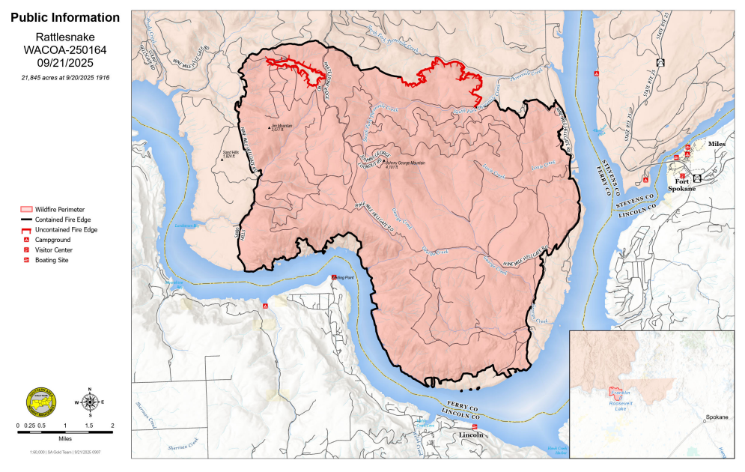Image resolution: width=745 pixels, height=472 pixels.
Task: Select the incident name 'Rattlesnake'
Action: coord(64,36)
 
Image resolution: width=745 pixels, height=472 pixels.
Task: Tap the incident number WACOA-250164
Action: coord(64,50)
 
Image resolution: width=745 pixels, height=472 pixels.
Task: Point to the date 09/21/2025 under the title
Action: coord(64,64)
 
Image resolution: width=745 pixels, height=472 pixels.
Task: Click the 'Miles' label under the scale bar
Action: coord(65,440)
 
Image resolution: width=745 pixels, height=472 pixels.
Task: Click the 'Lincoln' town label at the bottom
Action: coord(471,435)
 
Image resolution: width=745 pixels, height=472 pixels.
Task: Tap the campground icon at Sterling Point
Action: coord(334,278)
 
